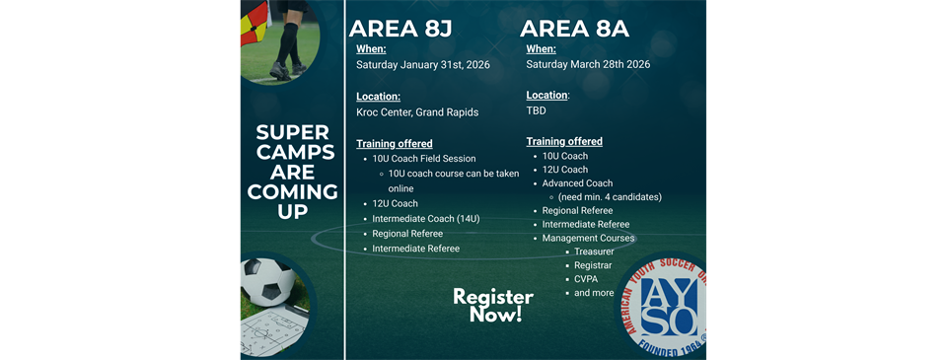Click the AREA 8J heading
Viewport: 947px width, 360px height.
pyautogui.click(x=419, y=28)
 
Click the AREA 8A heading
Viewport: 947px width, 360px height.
pyautogui.click(x=589, y=28)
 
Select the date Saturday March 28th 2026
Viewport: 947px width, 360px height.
pyautogui.click(x=588, y=65)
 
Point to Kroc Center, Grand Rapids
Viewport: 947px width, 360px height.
pyautogui.click(x=417, y=112)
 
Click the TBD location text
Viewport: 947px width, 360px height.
pyautogui.click(x=537, y=111)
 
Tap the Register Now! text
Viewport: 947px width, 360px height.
pyautogui.click(x=493, y=306)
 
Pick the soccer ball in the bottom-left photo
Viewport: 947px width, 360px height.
pyautogui.click(x=267, y=280)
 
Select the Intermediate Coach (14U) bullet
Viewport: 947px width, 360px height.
pyautogui.click(x=425, y=219)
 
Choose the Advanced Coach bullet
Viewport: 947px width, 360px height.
pyautogui.click(x=577, y=183)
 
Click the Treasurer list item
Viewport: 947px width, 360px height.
pyautogui.click(x=594, y=252)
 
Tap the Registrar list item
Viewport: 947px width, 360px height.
pyautogui.click(x=593, y=266)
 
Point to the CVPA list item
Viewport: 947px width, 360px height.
pyautogui.click(x=586, y=279)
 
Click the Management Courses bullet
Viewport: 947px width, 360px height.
pyautogui.click(x=588, y=239)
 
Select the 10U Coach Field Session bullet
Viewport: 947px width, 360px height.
pyautogui.click(x=423, y=159)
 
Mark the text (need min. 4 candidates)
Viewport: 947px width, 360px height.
pyautogui.click(x=610, y=197)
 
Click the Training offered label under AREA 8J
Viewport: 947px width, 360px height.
pyautogui.click(x=394, y=144)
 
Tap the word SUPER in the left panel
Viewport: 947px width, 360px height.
pyautogui.click(x=292, y=132)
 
